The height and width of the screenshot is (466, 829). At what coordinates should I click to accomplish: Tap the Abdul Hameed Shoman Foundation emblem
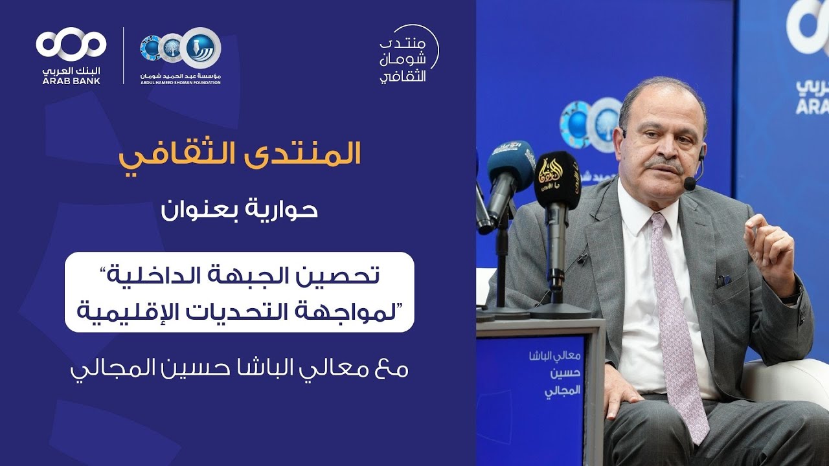[x=181, y=49]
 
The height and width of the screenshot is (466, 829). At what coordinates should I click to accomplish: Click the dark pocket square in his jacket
[x=724, y=280]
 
